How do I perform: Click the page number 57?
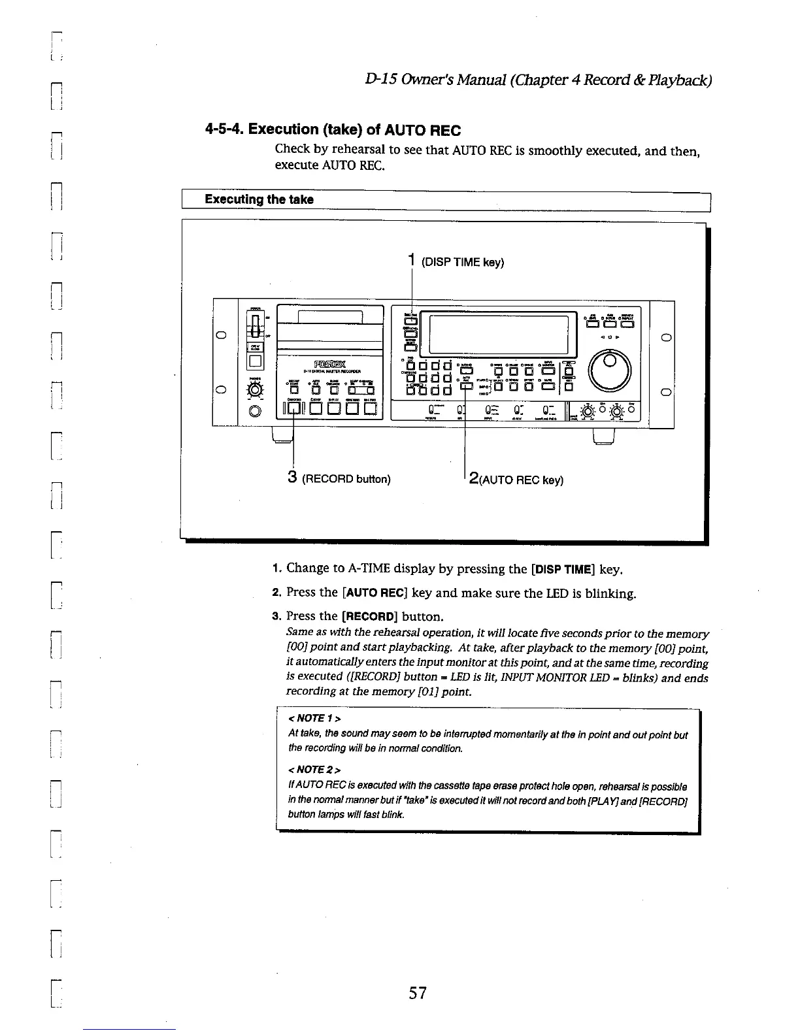(418, 993)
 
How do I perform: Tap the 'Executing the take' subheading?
(259, 199)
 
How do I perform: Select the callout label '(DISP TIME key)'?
(463, 263)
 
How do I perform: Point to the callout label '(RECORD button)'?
(346, 480)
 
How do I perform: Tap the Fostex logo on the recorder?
(329, 363)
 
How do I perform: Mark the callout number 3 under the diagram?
(293, 478)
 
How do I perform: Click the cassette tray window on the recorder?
(330, 318)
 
